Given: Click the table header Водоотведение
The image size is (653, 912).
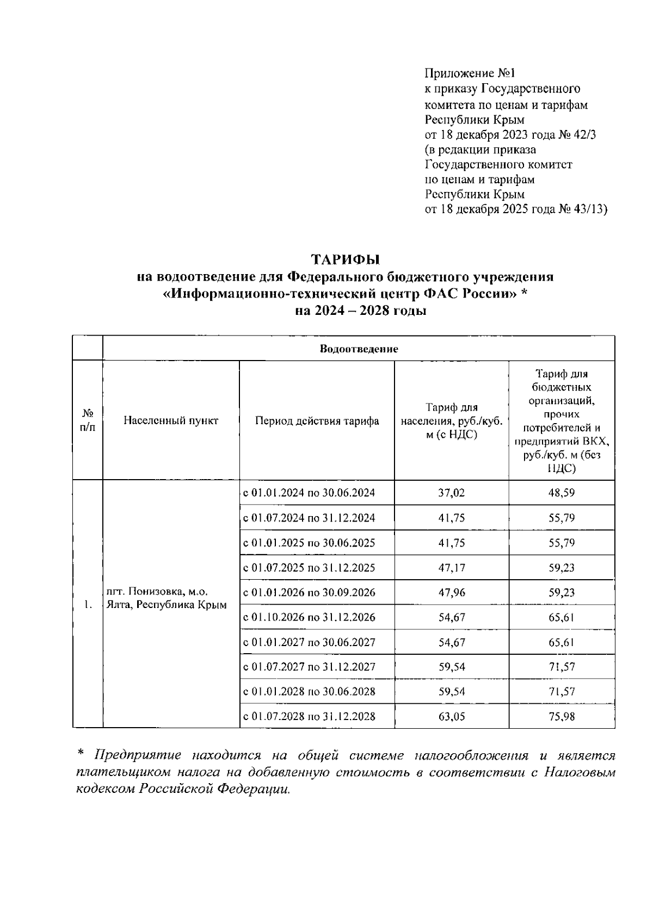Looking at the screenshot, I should tap(359, 349).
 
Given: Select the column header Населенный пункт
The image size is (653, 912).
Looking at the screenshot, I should tap(171, 420).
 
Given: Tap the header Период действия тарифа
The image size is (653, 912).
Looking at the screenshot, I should tap(317, 421).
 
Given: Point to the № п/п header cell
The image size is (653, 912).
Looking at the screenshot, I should tap(87, 420).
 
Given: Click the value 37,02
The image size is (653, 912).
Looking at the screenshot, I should tap(452, 493).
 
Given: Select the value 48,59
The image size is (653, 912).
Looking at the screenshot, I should tap(562, 493).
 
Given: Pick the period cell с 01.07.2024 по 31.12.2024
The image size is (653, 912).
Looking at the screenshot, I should tap(309, 518).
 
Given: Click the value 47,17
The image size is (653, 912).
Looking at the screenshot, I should tap(452, 568).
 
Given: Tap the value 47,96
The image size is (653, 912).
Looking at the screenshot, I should tap(452, 592).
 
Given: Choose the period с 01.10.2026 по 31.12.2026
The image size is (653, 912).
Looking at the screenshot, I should tap(309, 617).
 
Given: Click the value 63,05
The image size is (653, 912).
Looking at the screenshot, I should tap(452, 716).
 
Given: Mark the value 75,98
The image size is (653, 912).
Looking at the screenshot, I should tap(562, 716).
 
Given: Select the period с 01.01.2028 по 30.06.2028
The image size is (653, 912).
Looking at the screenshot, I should tap(309, 692).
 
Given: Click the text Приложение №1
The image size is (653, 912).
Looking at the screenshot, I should tap(469, 73).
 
